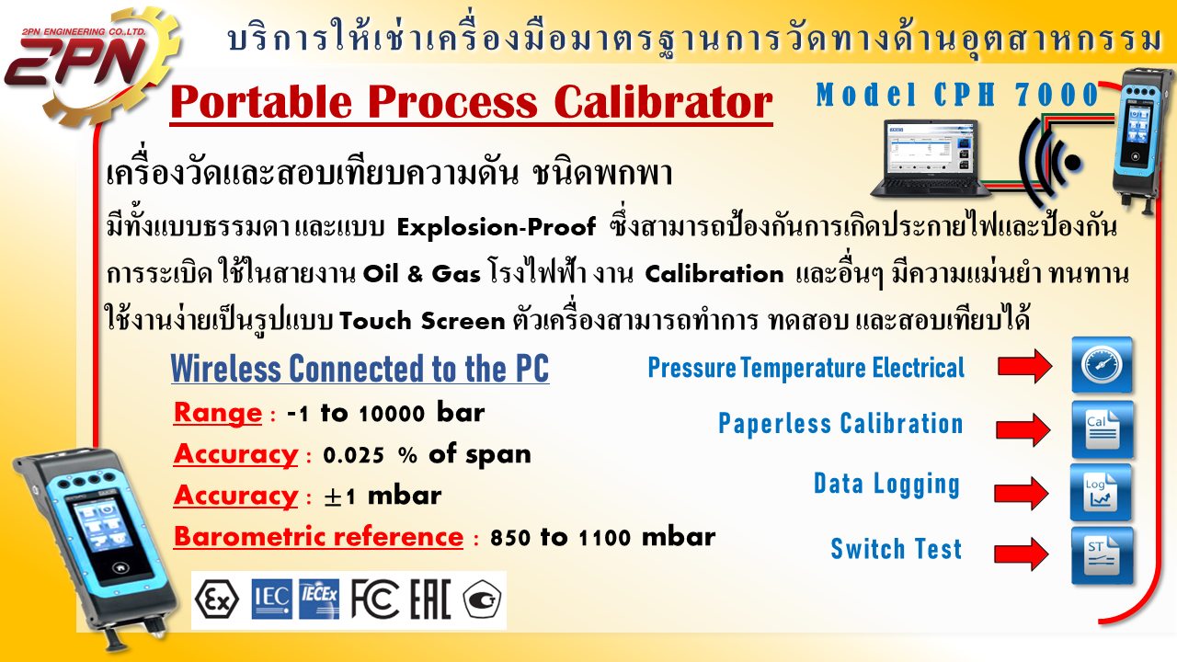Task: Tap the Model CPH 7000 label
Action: pyautogui.click(x=957, y=95)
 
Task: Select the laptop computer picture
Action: pyautogui.click(x=930, y=158)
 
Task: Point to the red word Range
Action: pyautogui.click(x=218, y=413)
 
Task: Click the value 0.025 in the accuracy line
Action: pyautogui.click(x=353, y=455)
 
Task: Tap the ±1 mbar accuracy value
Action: pyautogui.click(x=383, y=496)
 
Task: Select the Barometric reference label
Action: pyautogui.click(x=318, y=536)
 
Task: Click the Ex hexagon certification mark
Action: pyautogui.click(x=216, y=600)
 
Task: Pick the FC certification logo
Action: pyautogui.click(x=374, y=599)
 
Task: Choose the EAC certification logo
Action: pyautogui.click(x=430, y=599)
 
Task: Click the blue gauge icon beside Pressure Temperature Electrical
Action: pyautogui.click(x=1102, y=365)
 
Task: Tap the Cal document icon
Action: pyautogui.click(x=1102, y=429)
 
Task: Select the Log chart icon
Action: pyautogui.click(x=1101, y=492)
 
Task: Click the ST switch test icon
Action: pyautogui.click(x=1102, y=555)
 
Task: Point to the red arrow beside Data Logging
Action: pyautogui.click(x=1022, y=494)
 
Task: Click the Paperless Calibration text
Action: pyautogui.click(x=840, y=424)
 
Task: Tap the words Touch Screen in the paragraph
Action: pyautogui.click(x=422, y=321)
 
